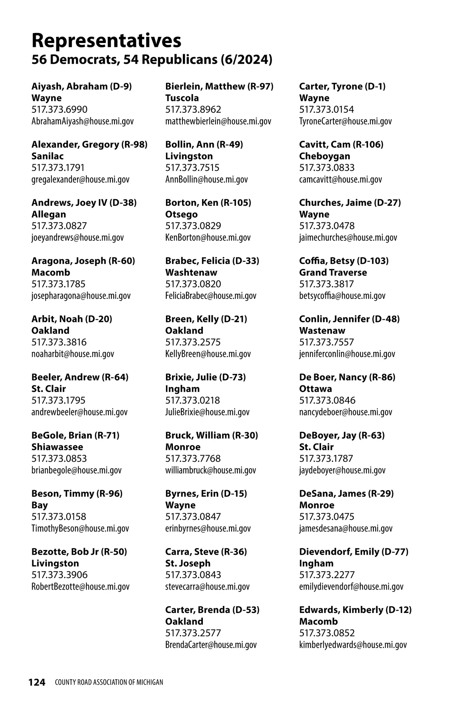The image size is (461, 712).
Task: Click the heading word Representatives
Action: click(106, 40)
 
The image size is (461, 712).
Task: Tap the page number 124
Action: click(37, 682)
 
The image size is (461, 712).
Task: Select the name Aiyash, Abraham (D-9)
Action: click(81, 86)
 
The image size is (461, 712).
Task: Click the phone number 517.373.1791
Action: click(58, 168)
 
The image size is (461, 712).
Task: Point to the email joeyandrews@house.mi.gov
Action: click(78, 238)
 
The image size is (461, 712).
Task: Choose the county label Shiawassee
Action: click(57, 447)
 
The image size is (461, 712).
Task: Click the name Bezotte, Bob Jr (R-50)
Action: click(79, 552)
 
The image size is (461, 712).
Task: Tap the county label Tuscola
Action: click(182, 98)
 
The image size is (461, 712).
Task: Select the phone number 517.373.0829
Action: click(193, 226)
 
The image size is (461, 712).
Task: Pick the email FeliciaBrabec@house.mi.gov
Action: click(211, 296)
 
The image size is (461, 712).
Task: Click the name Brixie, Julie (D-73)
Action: click(206, 377)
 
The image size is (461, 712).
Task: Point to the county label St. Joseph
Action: click(188, 563)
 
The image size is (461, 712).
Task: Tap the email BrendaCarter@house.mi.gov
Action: click(211, 645)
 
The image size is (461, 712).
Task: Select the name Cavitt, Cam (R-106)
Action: click(341, 144)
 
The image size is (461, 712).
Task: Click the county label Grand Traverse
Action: click(333, 273)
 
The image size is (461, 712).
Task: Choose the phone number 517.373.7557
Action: click(327, 342)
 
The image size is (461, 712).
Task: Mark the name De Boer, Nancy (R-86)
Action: click(347, 377)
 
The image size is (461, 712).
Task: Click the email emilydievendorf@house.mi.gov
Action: click(351, 586)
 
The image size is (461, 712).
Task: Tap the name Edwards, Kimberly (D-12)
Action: click(355, 610)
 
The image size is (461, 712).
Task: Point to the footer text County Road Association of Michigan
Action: click(109, 682)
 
